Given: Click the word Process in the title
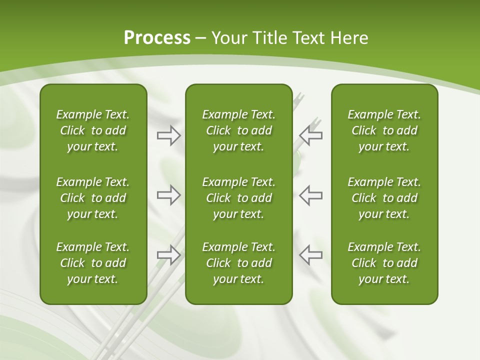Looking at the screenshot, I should point(157,38).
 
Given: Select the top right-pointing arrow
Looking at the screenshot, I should point(168,135).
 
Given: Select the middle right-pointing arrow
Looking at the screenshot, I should point(168,195).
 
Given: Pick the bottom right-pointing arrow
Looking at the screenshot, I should point(168,255).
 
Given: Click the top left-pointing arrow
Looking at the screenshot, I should point(311,135).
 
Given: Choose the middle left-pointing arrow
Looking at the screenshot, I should point(311,195).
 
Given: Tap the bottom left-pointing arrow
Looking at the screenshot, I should point(311,255).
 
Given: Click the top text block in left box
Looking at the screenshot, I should point(93,130).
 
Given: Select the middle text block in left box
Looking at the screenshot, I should point(93,198).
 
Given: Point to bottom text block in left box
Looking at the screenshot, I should point(93,263).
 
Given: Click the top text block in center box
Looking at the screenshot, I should point(238,130).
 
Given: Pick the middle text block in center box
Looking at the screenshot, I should point(238,198).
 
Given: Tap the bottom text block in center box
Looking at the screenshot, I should point(238,263).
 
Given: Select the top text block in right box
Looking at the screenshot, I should point(384,130).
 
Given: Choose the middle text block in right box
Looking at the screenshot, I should point(384,198).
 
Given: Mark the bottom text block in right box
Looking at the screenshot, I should point(384,263).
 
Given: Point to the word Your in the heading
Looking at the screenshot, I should point(228,38).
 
